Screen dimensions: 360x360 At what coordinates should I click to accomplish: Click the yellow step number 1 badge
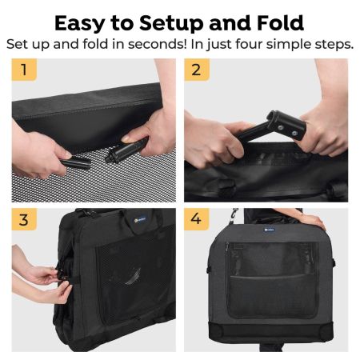coord(24,70)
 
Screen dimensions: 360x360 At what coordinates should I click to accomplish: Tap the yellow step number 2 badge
coord(197,70)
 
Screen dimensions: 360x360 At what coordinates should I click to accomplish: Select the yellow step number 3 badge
coord(24,219)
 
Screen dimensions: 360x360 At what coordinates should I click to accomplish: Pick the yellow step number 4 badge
coord(197,219)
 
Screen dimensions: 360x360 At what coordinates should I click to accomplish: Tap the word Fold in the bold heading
coord(280,23)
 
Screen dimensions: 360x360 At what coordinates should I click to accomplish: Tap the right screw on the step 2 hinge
coord(294,133)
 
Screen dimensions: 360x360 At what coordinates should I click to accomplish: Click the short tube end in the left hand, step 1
coord(75,162)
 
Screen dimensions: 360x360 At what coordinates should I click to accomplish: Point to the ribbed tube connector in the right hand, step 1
coord(126,150)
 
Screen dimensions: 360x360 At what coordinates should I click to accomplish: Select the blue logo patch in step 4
coord(270,230)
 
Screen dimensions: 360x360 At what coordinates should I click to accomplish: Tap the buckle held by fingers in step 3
coord(62,275)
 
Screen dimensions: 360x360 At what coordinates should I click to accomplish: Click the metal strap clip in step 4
coord(234,214)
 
